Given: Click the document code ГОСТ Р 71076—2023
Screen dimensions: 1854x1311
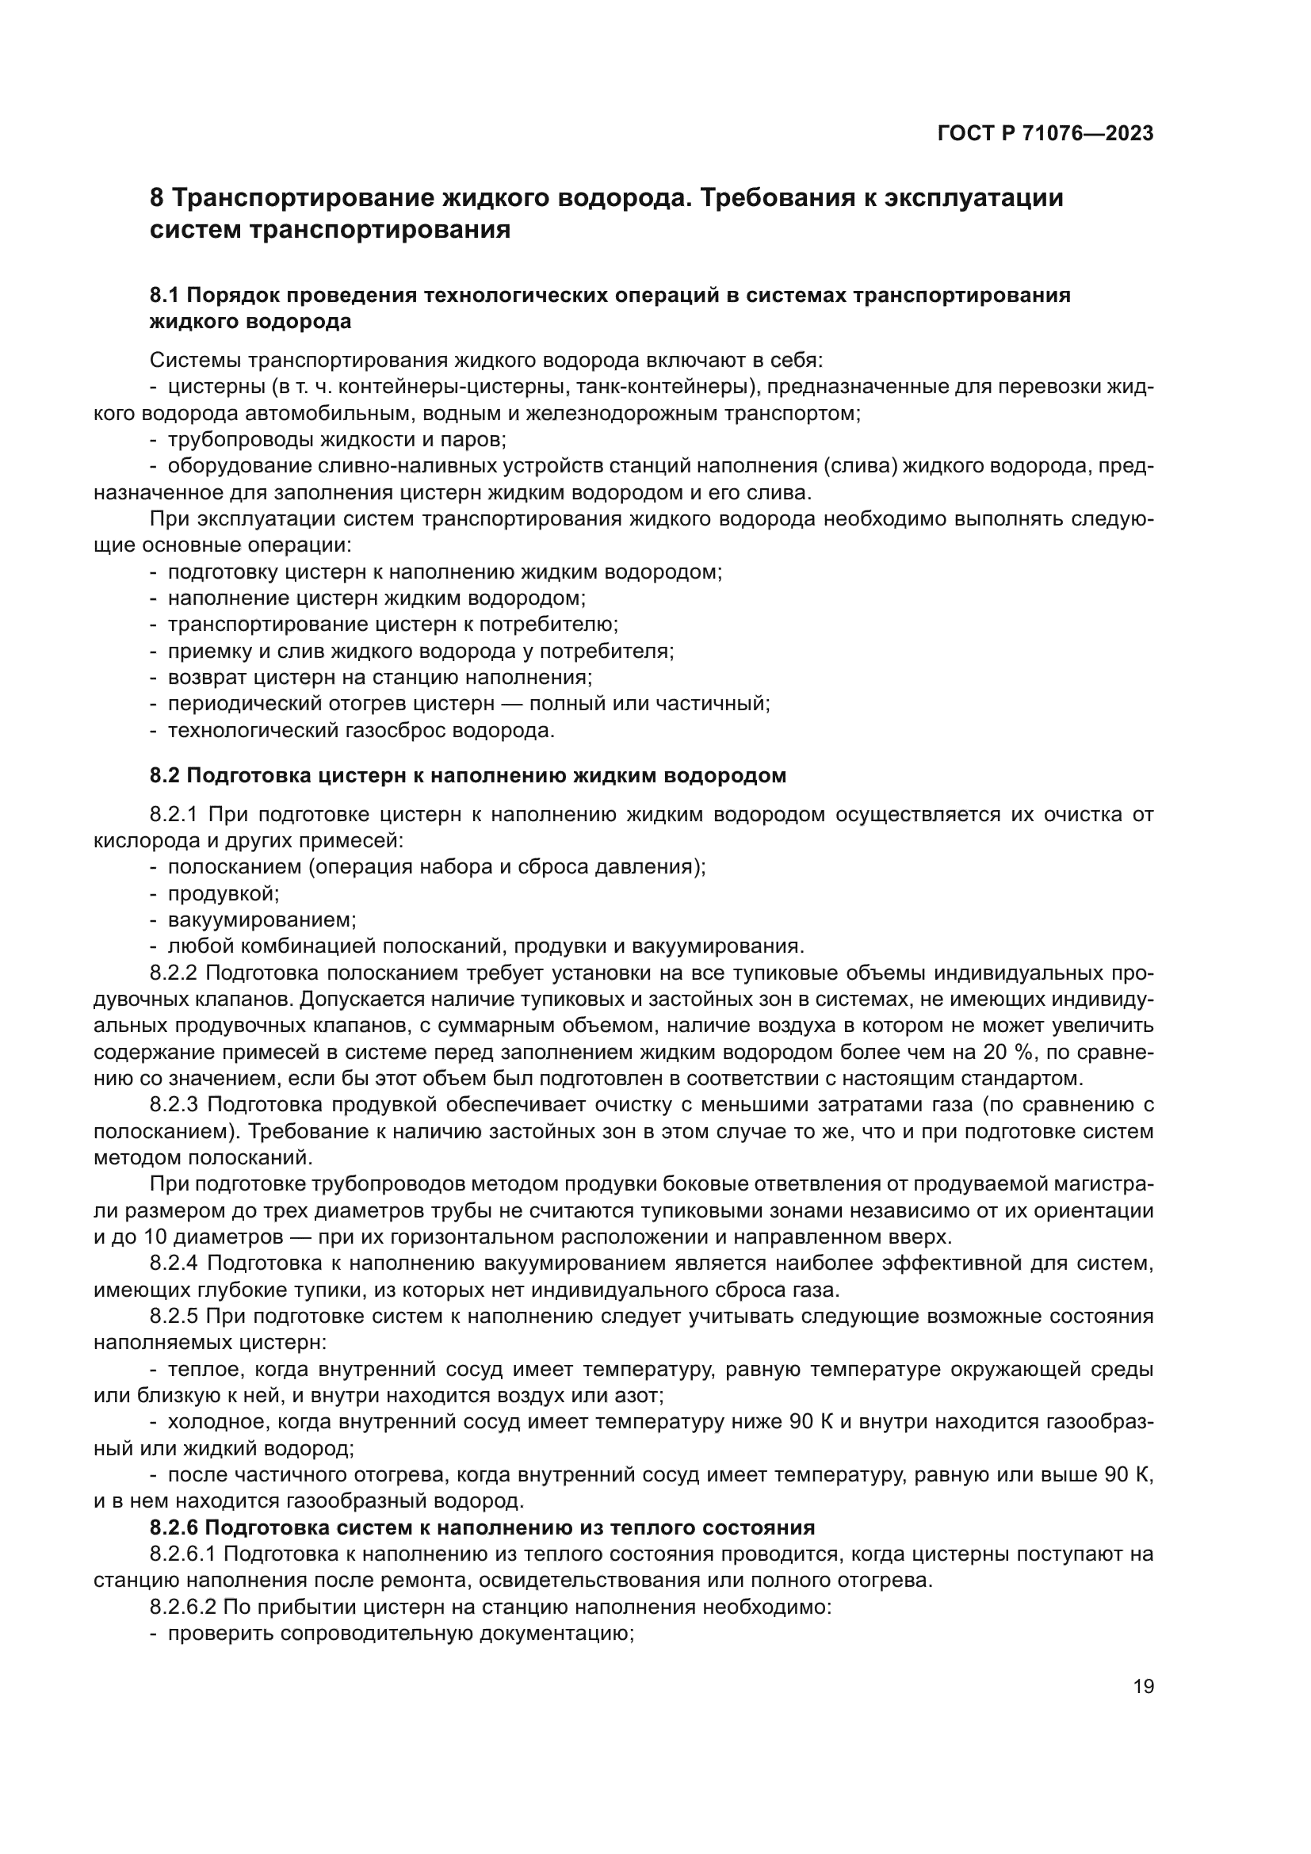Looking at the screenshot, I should (x=1045, y=133).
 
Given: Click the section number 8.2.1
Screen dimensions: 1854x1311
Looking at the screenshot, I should (x=174, y=814).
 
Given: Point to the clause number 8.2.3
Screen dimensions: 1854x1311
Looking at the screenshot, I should (x=174, y=1105).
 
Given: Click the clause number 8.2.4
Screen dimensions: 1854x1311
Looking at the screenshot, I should (x=174, y=1263).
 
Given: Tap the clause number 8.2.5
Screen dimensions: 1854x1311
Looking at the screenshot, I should (x=174, y=1317).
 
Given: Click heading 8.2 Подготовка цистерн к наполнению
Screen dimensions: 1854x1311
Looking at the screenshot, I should (x=468, y=776).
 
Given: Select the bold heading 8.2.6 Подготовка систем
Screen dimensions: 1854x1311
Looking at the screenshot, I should (x=482, y=1527).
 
